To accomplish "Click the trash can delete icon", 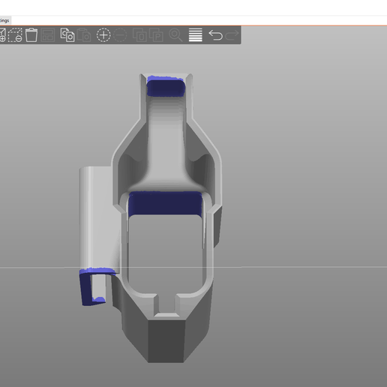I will [31, 34].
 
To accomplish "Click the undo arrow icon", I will [215, 34].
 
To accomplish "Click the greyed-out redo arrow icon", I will [232, 34].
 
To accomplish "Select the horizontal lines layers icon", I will [196, 34].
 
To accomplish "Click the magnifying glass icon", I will [175, 34].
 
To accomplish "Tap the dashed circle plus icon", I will [103, 34].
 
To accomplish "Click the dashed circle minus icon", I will [121, 34].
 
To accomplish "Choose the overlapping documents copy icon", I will [67, 34].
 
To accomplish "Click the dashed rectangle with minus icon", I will [14, 34].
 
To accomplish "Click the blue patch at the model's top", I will [166, 86].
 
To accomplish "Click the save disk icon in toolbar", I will [49, 34].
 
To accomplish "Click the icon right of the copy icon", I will [85, 34].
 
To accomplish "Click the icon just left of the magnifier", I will [157, 34].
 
